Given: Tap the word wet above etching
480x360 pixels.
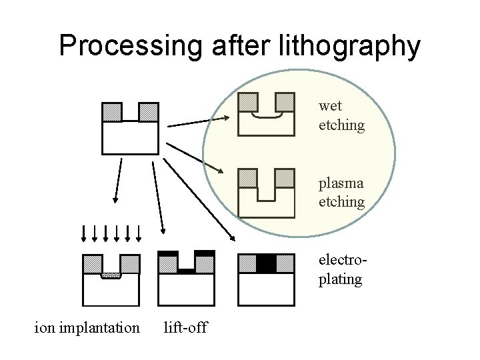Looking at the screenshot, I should coord(330,106).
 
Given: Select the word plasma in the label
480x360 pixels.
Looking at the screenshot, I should coord(341,184).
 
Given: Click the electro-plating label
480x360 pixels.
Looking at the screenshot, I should coord(341,270).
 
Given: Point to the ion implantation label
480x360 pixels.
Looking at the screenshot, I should coord(87,327).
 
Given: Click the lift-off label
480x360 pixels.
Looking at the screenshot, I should coord(185,327).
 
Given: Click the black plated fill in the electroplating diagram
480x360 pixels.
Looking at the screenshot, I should coord(266,263).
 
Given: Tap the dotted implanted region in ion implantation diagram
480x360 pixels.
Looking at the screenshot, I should coord(111,275).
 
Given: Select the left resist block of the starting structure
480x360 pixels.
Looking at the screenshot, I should coord(111,111).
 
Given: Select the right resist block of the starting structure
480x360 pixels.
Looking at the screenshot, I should coord(147,111).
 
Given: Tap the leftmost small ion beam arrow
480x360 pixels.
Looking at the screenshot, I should coord(83,233).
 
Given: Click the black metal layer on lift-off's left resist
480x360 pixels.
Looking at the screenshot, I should coord(167,253).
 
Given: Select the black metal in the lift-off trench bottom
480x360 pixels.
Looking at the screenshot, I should coord(186,271).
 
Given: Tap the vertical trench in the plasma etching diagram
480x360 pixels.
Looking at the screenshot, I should coord(267,190).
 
